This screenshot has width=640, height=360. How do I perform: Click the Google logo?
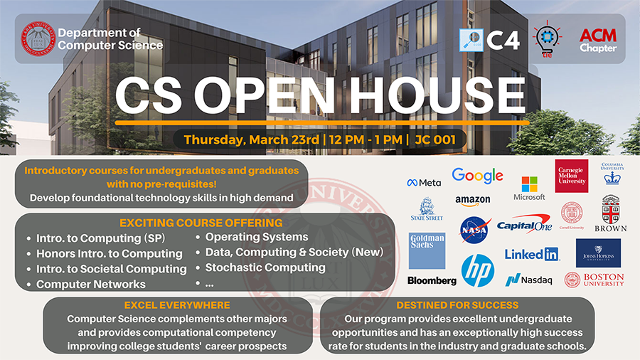pos(477,176)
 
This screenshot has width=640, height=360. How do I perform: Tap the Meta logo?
pos(424,182)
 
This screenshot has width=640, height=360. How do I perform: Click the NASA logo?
pos(474,230)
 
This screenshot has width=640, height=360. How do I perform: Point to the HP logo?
pos(477,270)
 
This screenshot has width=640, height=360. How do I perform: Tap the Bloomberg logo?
pos(432,280)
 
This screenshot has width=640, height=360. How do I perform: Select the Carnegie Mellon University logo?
pos(572,176)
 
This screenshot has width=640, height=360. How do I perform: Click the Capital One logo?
pos(524,225)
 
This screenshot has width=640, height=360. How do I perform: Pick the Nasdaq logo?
pos(529,280)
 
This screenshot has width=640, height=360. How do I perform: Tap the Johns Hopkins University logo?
pos(598,253)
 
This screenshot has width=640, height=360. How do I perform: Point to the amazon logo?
pos(473,201)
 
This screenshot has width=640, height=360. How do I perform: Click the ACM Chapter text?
pos(598,41)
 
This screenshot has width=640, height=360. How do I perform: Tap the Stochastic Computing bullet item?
pos(265,268)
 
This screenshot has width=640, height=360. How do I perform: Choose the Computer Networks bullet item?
pos(91,284)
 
